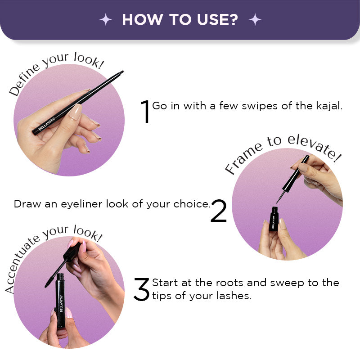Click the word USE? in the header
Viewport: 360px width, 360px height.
point(217,19)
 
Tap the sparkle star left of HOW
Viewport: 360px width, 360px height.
point(106,19)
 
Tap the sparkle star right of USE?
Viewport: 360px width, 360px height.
point(255,19)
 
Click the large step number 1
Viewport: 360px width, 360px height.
point(145,111)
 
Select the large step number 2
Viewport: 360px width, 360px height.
point(219,211)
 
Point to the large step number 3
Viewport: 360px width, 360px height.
point(141,289)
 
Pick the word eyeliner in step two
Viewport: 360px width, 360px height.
point(81,204)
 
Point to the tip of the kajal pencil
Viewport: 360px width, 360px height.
point(122,72)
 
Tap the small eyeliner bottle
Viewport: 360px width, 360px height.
point(274,219)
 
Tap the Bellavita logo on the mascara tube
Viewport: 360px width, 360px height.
point(61,303)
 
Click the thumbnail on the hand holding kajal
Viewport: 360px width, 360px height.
point(76,112)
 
